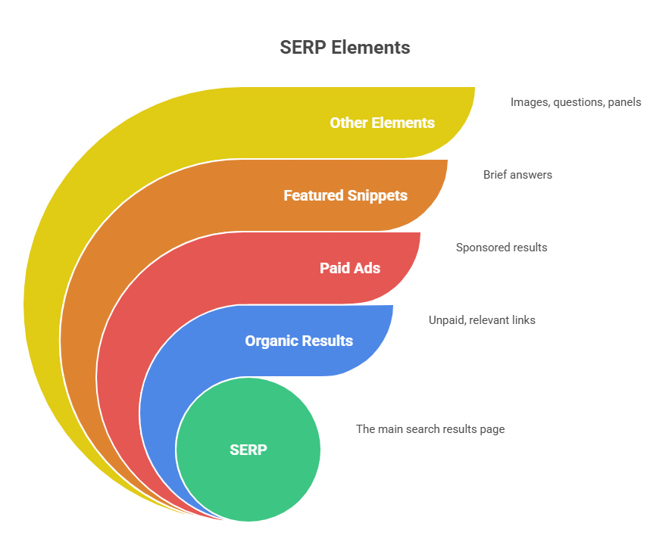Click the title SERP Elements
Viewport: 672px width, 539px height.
[345, 47]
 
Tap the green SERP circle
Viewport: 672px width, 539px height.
[248, 449]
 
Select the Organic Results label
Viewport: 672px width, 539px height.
[298, 341]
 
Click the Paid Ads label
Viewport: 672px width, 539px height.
[350, 268]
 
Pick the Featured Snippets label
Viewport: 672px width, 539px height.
[345, 195]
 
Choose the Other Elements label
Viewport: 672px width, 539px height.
[382, 123]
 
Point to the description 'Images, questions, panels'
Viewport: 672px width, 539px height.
[576, 101]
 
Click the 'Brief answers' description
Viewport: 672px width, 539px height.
[517, 175]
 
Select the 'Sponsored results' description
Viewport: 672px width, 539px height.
[502, 248]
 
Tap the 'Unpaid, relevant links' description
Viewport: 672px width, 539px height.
[482, 320]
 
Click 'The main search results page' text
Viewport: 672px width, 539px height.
[430, 429]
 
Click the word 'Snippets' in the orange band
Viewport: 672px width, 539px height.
[377, 195]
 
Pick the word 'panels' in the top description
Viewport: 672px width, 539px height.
[624, 101]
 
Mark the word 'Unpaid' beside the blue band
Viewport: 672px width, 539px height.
[447, 320]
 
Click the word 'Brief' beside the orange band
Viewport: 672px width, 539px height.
[496, 175]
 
